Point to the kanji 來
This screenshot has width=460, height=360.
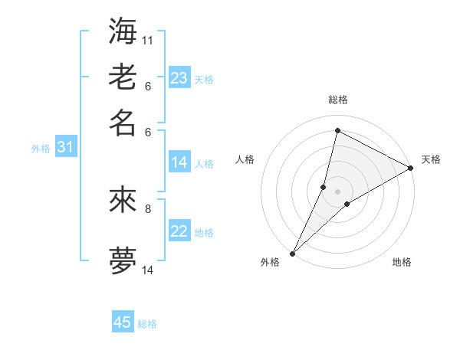123,200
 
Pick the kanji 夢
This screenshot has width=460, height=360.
123,261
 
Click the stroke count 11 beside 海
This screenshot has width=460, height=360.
148,40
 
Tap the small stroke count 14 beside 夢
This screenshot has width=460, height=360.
148,270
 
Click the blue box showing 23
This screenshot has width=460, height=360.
179,78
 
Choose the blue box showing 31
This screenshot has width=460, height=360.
65,147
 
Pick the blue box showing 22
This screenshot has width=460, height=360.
179,231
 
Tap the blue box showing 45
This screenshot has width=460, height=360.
123,322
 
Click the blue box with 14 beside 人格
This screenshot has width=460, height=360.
179,162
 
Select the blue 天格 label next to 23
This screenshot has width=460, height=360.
204,80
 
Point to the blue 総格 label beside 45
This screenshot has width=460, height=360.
147,324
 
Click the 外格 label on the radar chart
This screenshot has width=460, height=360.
271,263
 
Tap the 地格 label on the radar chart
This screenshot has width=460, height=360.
402,263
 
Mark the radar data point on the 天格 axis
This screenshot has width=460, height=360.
411,169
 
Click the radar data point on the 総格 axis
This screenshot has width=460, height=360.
337,130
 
